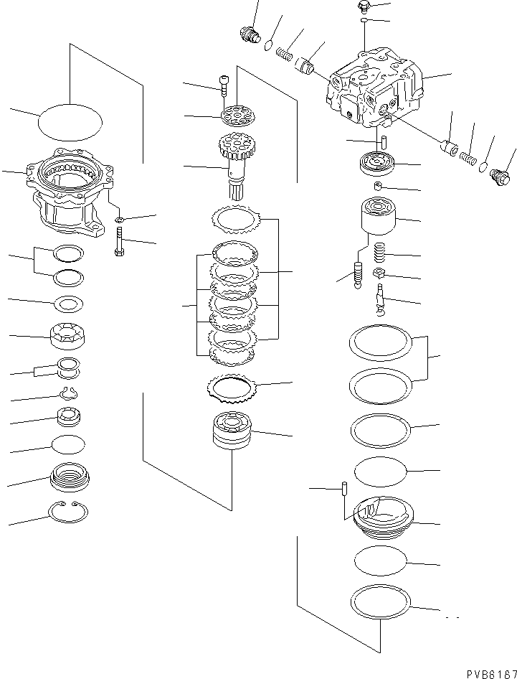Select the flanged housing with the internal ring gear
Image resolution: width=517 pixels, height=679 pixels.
click(68, 190)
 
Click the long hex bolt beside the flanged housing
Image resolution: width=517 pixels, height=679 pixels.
click(118, 240)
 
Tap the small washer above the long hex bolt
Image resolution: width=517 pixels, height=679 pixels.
click(119, 219)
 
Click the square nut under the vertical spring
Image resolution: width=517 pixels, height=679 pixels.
click(380, 274)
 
